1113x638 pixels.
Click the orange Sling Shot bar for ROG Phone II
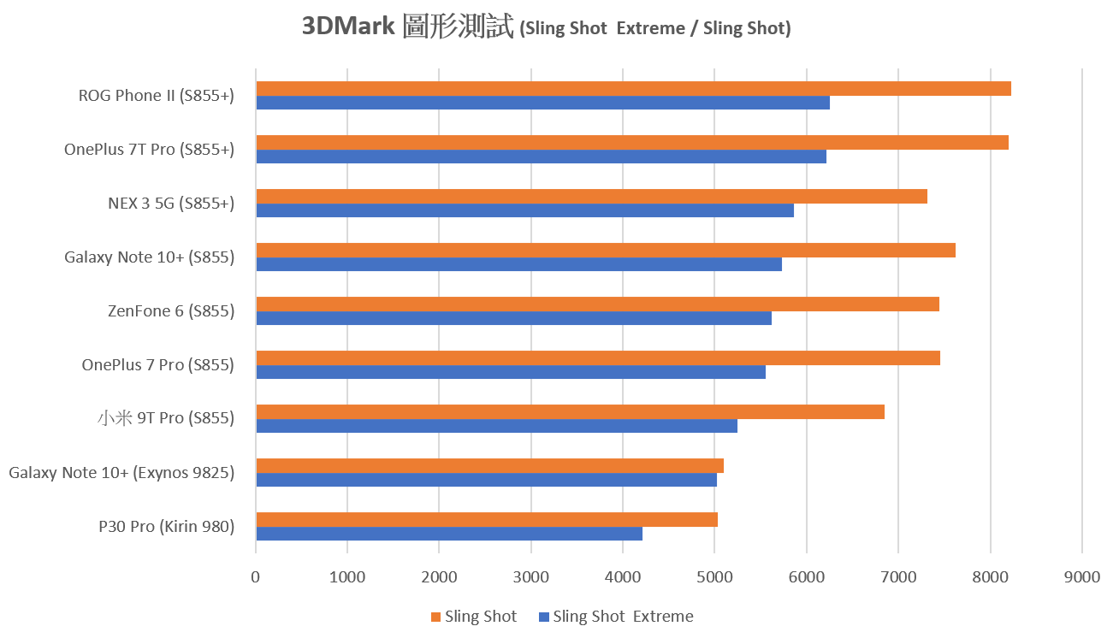coord(633,89)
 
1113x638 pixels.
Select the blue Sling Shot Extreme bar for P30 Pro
coord(449,534)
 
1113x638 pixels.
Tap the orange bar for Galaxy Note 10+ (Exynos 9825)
coord(489,465)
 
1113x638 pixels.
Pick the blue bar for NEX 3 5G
coord(524,210)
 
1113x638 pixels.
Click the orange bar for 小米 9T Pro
coord(570,412)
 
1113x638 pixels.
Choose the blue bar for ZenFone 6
coord(513,318)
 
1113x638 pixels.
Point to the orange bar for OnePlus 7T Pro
coord(632,143)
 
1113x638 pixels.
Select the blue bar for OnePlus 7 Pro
coord(511,372)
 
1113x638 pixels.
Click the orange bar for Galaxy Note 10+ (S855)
coord(606,250)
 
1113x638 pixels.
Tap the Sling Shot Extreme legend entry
coord(623,617)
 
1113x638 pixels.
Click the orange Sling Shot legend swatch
coord(435,617)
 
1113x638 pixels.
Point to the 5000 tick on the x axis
coord(714,577)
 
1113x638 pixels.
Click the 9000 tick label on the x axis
coord(1081,577)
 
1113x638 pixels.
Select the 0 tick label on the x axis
coord(256,577)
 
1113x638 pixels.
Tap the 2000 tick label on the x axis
coord(439,577)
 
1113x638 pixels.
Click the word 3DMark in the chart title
coord(347,27)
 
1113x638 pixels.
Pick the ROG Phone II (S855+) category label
coord(156,96)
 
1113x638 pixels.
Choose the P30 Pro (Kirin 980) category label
coord(166,526)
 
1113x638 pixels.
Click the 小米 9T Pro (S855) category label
coord(165,418)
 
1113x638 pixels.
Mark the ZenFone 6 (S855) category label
coord(171,311)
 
